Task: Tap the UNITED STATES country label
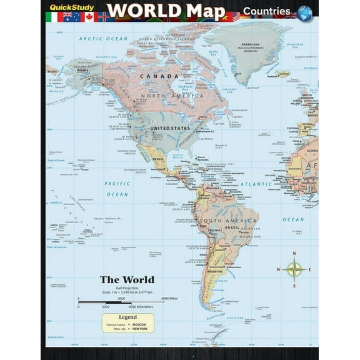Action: coord(169,128)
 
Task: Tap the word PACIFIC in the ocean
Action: coord(117,184)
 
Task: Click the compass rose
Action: coord(293,269)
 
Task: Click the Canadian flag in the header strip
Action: coord(89,16)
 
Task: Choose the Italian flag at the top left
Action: coord(52,16)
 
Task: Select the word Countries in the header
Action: coord(266,11)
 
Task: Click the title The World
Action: coord(127,279)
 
